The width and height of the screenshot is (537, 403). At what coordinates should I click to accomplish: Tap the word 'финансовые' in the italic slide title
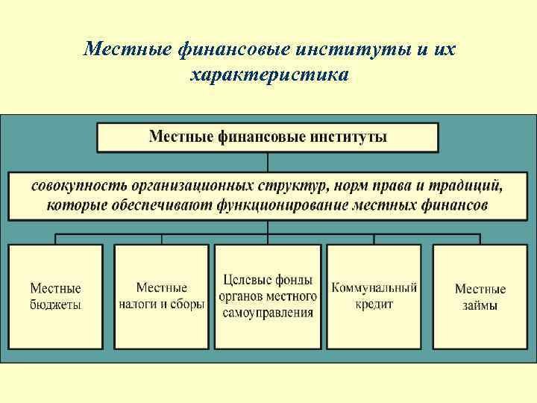tap(236, 49)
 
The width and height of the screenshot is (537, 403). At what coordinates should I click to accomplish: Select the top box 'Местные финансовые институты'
tap(268, 137)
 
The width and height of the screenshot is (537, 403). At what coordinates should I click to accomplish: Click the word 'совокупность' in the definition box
tap(79, 184)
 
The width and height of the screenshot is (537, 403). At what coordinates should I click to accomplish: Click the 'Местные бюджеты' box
tap(56, 296)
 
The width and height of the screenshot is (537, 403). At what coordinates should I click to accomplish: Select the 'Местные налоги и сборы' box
tap(162, 296)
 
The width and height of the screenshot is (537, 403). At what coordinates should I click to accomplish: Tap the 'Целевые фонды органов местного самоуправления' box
tap(268, 296)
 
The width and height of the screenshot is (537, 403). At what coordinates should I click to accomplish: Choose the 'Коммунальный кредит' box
tap(374, 296)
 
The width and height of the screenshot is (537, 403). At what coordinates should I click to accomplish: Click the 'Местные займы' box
tap(480, 296)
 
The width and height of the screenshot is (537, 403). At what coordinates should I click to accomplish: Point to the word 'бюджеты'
tap(56, 304)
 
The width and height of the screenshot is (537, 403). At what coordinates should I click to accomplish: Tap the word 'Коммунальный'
tap(374, 287)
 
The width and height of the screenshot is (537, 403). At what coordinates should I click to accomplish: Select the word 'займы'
tap(480, 305)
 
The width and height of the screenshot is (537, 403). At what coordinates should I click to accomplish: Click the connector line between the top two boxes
tap(268, 162)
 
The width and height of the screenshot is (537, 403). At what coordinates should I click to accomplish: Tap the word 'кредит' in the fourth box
tap(374, 304)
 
